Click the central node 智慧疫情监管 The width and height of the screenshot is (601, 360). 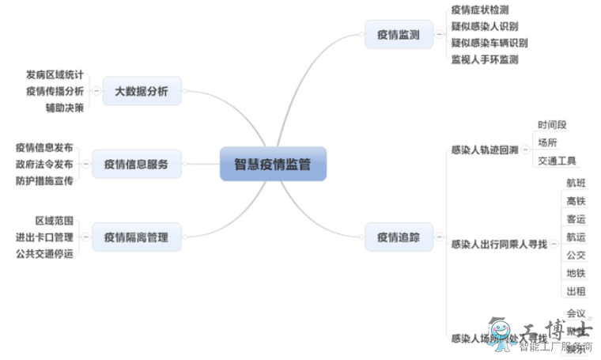273,165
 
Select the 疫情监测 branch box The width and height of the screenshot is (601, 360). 399,35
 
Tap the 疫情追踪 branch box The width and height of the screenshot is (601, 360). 399,237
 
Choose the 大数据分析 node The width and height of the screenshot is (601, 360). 142,92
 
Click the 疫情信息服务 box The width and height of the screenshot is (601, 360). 136,165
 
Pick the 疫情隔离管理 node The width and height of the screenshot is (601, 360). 136,237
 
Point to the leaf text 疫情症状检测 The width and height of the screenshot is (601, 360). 479,9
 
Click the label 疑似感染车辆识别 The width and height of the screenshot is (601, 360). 489,43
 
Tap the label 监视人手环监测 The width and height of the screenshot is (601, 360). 484,59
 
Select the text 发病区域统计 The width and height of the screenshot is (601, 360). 55,75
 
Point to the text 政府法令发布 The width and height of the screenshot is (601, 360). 44,165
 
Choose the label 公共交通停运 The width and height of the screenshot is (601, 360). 44,253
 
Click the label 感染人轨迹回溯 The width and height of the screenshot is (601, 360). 484,150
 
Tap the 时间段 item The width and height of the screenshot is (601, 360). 552,125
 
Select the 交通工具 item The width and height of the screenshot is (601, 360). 557,161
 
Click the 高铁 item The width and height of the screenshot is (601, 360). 576,201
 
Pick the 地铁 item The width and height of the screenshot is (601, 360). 576,274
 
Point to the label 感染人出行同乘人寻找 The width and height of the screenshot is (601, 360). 498,244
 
